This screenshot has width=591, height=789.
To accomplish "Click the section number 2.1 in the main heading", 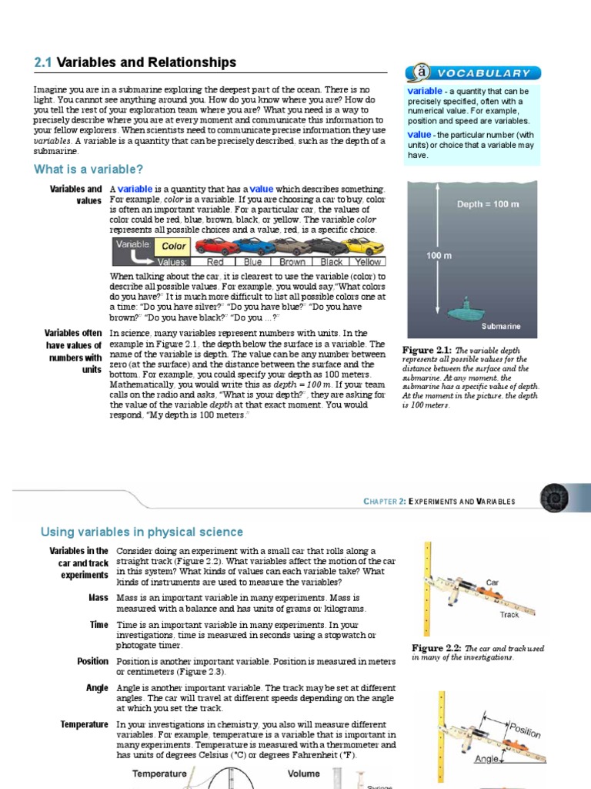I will [44, 63].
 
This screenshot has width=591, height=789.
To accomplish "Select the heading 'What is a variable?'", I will [88, 170].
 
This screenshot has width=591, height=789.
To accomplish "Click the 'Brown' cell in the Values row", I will [292, 262].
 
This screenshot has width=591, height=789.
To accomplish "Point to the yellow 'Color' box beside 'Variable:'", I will [174, 247].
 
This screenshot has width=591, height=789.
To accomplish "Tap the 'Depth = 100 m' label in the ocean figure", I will [488, 204].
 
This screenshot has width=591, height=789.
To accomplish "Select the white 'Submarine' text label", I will [501, 326].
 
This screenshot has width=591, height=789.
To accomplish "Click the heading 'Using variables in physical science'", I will [141, 532].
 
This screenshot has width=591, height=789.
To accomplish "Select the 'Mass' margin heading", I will [98, 598].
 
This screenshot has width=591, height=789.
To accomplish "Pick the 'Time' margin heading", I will [98, 625].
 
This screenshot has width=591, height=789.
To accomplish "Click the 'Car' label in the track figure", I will [493, 583].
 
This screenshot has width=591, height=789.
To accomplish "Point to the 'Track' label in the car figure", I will [509, 615].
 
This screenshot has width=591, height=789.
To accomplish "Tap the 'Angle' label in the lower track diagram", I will [486, 758].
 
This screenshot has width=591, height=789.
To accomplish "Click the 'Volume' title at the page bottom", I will [303, 774].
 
